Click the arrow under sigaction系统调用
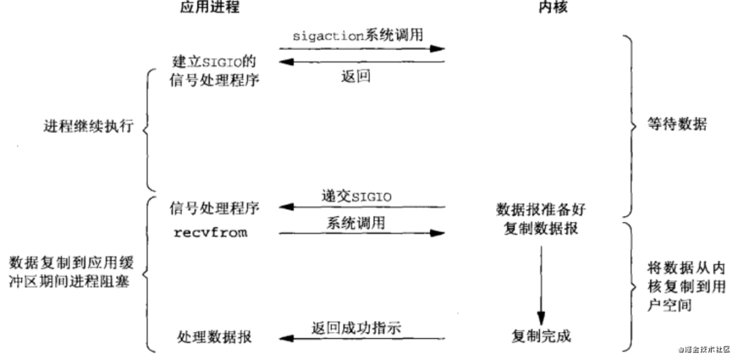tap(361, 49)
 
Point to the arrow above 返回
tap(361, 62)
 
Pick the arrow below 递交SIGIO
tap(361, 207)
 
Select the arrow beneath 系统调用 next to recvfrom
tap(361, 233)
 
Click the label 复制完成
tap(541, 336)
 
